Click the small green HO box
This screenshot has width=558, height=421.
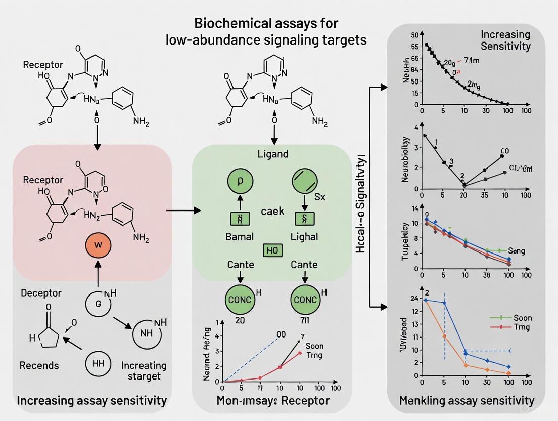[x=272, y=250]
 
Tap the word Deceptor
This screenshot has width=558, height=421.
[x=41, y=293]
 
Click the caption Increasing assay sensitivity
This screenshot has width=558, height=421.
[x=91, y=401]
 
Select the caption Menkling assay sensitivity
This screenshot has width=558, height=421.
[x=467, y=401]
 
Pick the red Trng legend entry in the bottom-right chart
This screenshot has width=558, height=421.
[x=522, y=327]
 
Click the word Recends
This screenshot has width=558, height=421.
[x=39, y=365]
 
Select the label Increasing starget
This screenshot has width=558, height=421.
[x=144, y=370]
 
